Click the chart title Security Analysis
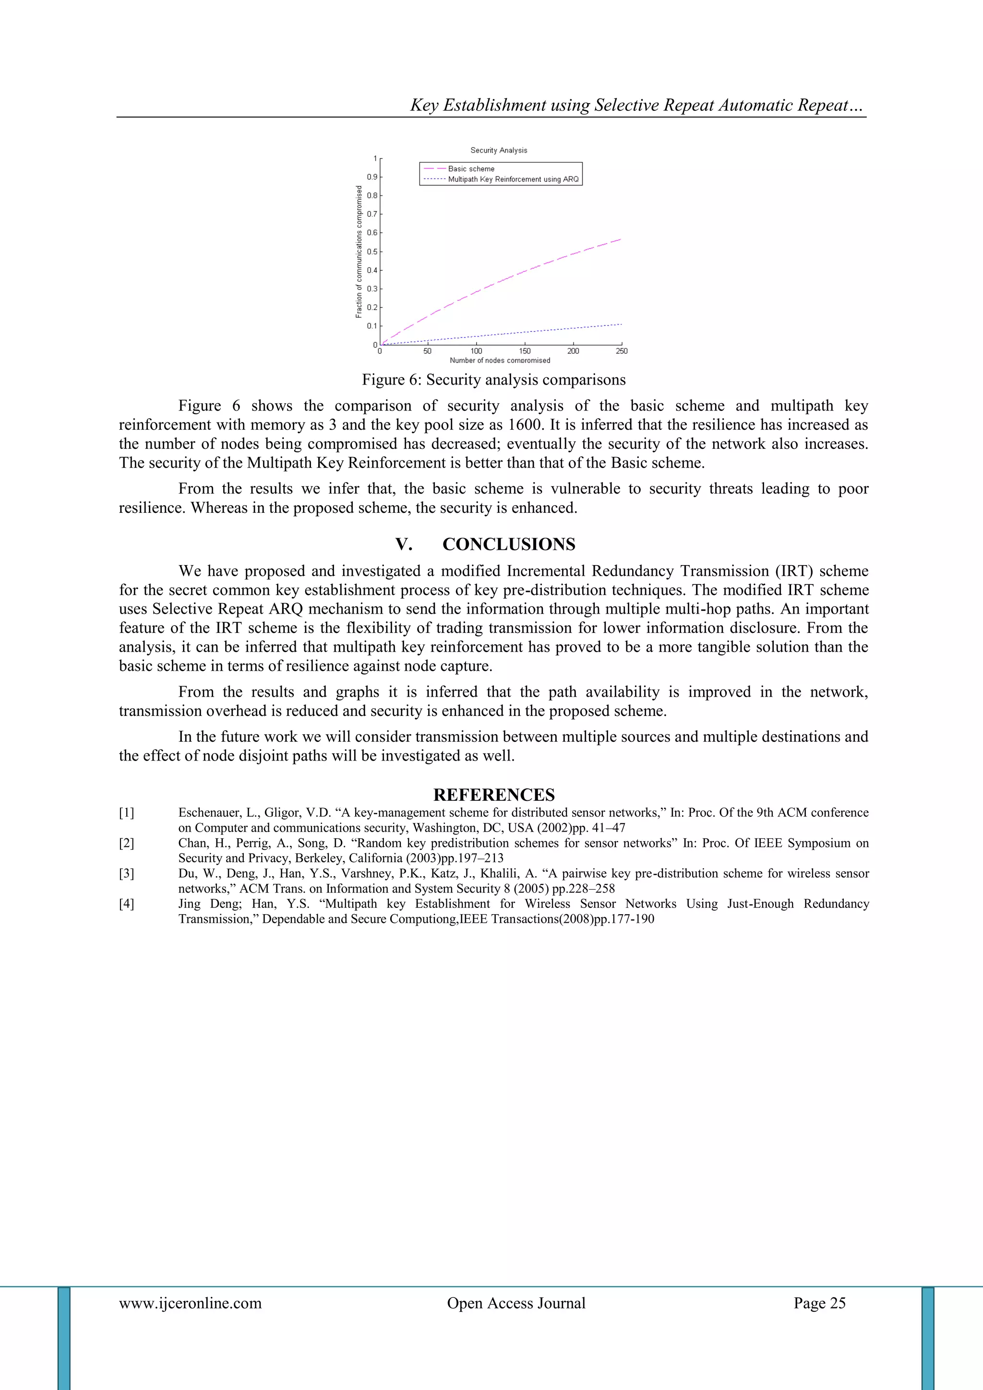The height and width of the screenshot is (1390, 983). click(499, 150)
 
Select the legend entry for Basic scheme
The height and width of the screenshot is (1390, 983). click(471, 169)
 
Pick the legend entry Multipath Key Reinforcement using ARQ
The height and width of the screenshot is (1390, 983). click(513, 179)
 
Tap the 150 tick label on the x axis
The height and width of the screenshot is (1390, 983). click(525, 351)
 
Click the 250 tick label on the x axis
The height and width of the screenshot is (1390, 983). click(622, 351)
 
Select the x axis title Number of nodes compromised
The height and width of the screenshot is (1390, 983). click(500, 360)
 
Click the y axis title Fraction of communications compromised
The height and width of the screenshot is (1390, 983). click(359, 251)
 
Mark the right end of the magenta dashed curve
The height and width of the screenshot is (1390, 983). click(621, 240)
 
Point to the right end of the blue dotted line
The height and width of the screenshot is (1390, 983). click(621, 325)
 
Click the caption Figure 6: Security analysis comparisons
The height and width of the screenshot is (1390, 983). click(493, 380)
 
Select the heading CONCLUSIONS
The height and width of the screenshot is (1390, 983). click(508, 544)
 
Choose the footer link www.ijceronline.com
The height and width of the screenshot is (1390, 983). click(190, 1303)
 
